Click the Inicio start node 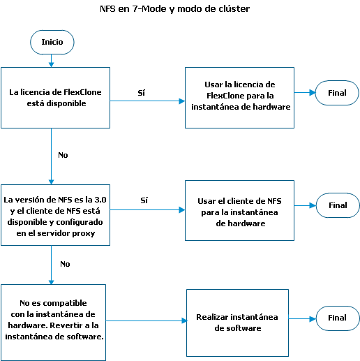click(x=52, y=42)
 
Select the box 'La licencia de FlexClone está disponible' click(x=55, y=98)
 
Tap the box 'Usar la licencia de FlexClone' click(x=239, y=98)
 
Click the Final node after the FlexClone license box click(x=337, y=93)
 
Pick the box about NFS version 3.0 click(x=55, y=215)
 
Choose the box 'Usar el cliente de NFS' click(x=239, y=210)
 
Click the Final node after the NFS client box click(x=338, y=205)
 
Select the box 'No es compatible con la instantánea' click(x=53, y=323)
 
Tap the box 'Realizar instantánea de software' click(x=237, y=323)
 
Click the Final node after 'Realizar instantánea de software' click(x=338, y=318)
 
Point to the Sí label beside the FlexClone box click(x=142, y=93)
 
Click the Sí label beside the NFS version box click(x=144, y=200)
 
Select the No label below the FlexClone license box click(x=63, y=155)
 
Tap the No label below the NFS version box click(x=65, y=264)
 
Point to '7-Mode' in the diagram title click(x=149, y=9)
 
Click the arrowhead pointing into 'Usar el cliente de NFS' click(x=182, y=209)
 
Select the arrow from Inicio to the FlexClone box click(x=52, y=61)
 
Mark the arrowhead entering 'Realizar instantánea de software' click(x=185, y=321)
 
